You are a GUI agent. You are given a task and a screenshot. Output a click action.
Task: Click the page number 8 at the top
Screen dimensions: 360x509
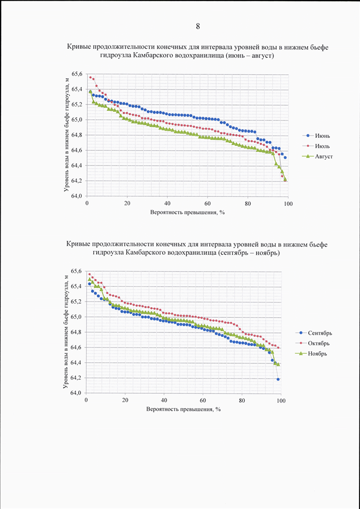(197, 26)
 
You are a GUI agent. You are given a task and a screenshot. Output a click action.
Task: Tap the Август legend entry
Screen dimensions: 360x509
(317, 156)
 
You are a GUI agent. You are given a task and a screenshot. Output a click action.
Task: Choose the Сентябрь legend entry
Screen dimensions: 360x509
(313, 333)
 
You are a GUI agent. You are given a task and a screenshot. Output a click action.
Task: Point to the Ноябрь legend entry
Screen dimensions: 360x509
(311, 354)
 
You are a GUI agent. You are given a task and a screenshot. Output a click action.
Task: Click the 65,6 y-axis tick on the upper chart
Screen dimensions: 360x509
(77, 74)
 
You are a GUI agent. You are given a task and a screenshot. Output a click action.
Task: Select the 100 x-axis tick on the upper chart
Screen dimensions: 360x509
(288, 204)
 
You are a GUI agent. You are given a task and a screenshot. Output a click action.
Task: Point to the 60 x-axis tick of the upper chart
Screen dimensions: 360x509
(208, 204)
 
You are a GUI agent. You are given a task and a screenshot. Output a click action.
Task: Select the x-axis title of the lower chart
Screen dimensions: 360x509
(183, 409)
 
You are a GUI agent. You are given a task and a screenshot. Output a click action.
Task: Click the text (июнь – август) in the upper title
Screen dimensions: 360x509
(247, 56)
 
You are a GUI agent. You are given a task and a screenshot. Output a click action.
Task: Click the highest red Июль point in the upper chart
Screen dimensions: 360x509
(90, 77)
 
